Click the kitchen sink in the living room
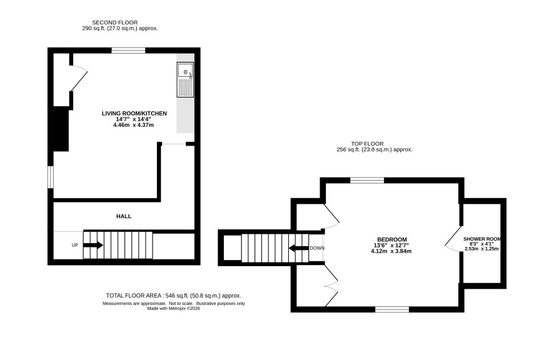pos(185,79)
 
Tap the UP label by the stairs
pos(75,245)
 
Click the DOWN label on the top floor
pos(317,248)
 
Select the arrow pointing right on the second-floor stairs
pos(93,245)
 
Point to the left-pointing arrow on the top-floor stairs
pos(298,248)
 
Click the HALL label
pos(124,216)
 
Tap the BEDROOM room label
pos(392,239)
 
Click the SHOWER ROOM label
pos(482,239)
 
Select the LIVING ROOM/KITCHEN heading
pos(134,113)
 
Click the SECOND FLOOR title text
pos(115,22)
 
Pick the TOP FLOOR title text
pos(367,144)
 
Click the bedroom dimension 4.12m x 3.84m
pos(391,251)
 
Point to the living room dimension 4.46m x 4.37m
pos(134,125)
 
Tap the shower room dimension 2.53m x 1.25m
pos(481,249)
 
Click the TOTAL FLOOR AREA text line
pos(173,296)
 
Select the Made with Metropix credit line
pos(173,308)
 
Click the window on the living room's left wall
pos(51,177)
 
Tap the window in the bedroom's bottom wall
pos(392,309)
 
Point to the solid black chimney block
pos(61,129)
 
